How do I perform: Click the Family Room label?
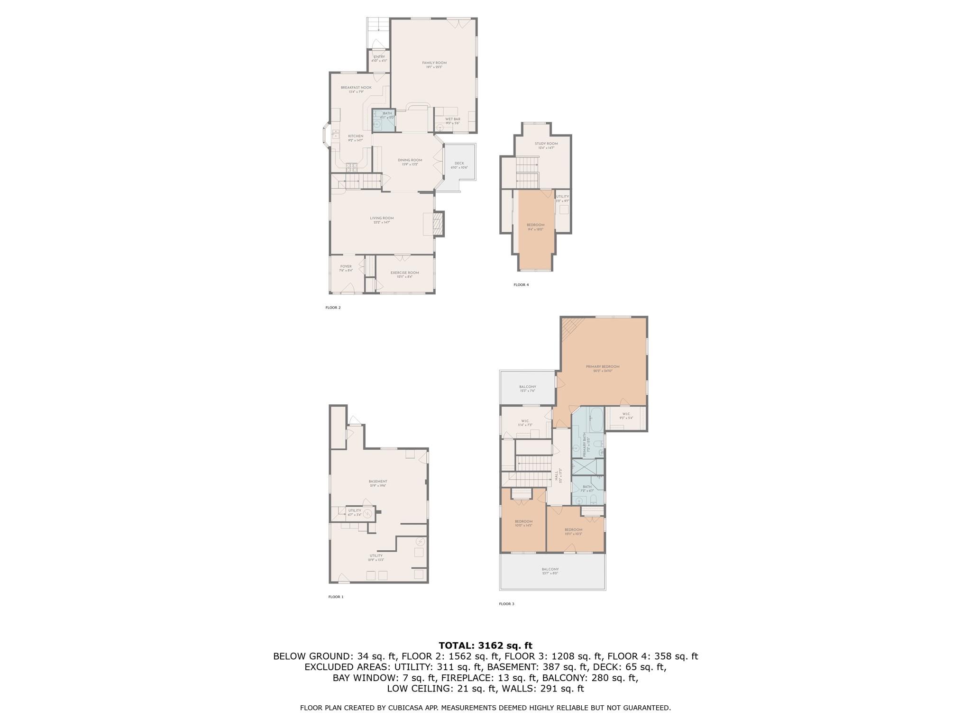(434, 65)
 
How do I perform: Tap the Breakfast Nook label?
(356, 90)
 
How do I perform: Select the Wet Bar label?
(452, 121)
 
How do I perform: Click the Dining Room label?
(410, 162)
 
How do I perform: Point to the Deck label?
(459, 165)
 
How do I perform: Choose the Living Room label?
(382, 220)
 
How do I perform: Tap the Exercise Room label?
(404, 274)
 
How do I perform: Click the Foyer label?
(346, 268)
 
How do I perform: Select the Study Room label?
(546, 146)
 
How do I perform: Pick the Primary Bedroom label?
(602, 368)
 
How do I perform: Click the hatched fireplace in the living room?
(439, 224)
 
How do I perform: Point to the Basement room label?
(378, 483)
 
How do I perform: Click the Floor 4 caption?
(521, 285)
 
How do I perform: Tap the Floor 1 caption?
(335, 597)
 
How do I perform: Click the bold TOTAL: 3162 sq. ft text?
(485, 646)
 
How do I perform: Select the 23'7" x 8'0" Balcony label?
(550, 571)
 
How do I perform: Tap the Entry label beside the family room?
(379, 59)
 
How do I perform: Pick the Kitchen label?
(356, 138)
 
